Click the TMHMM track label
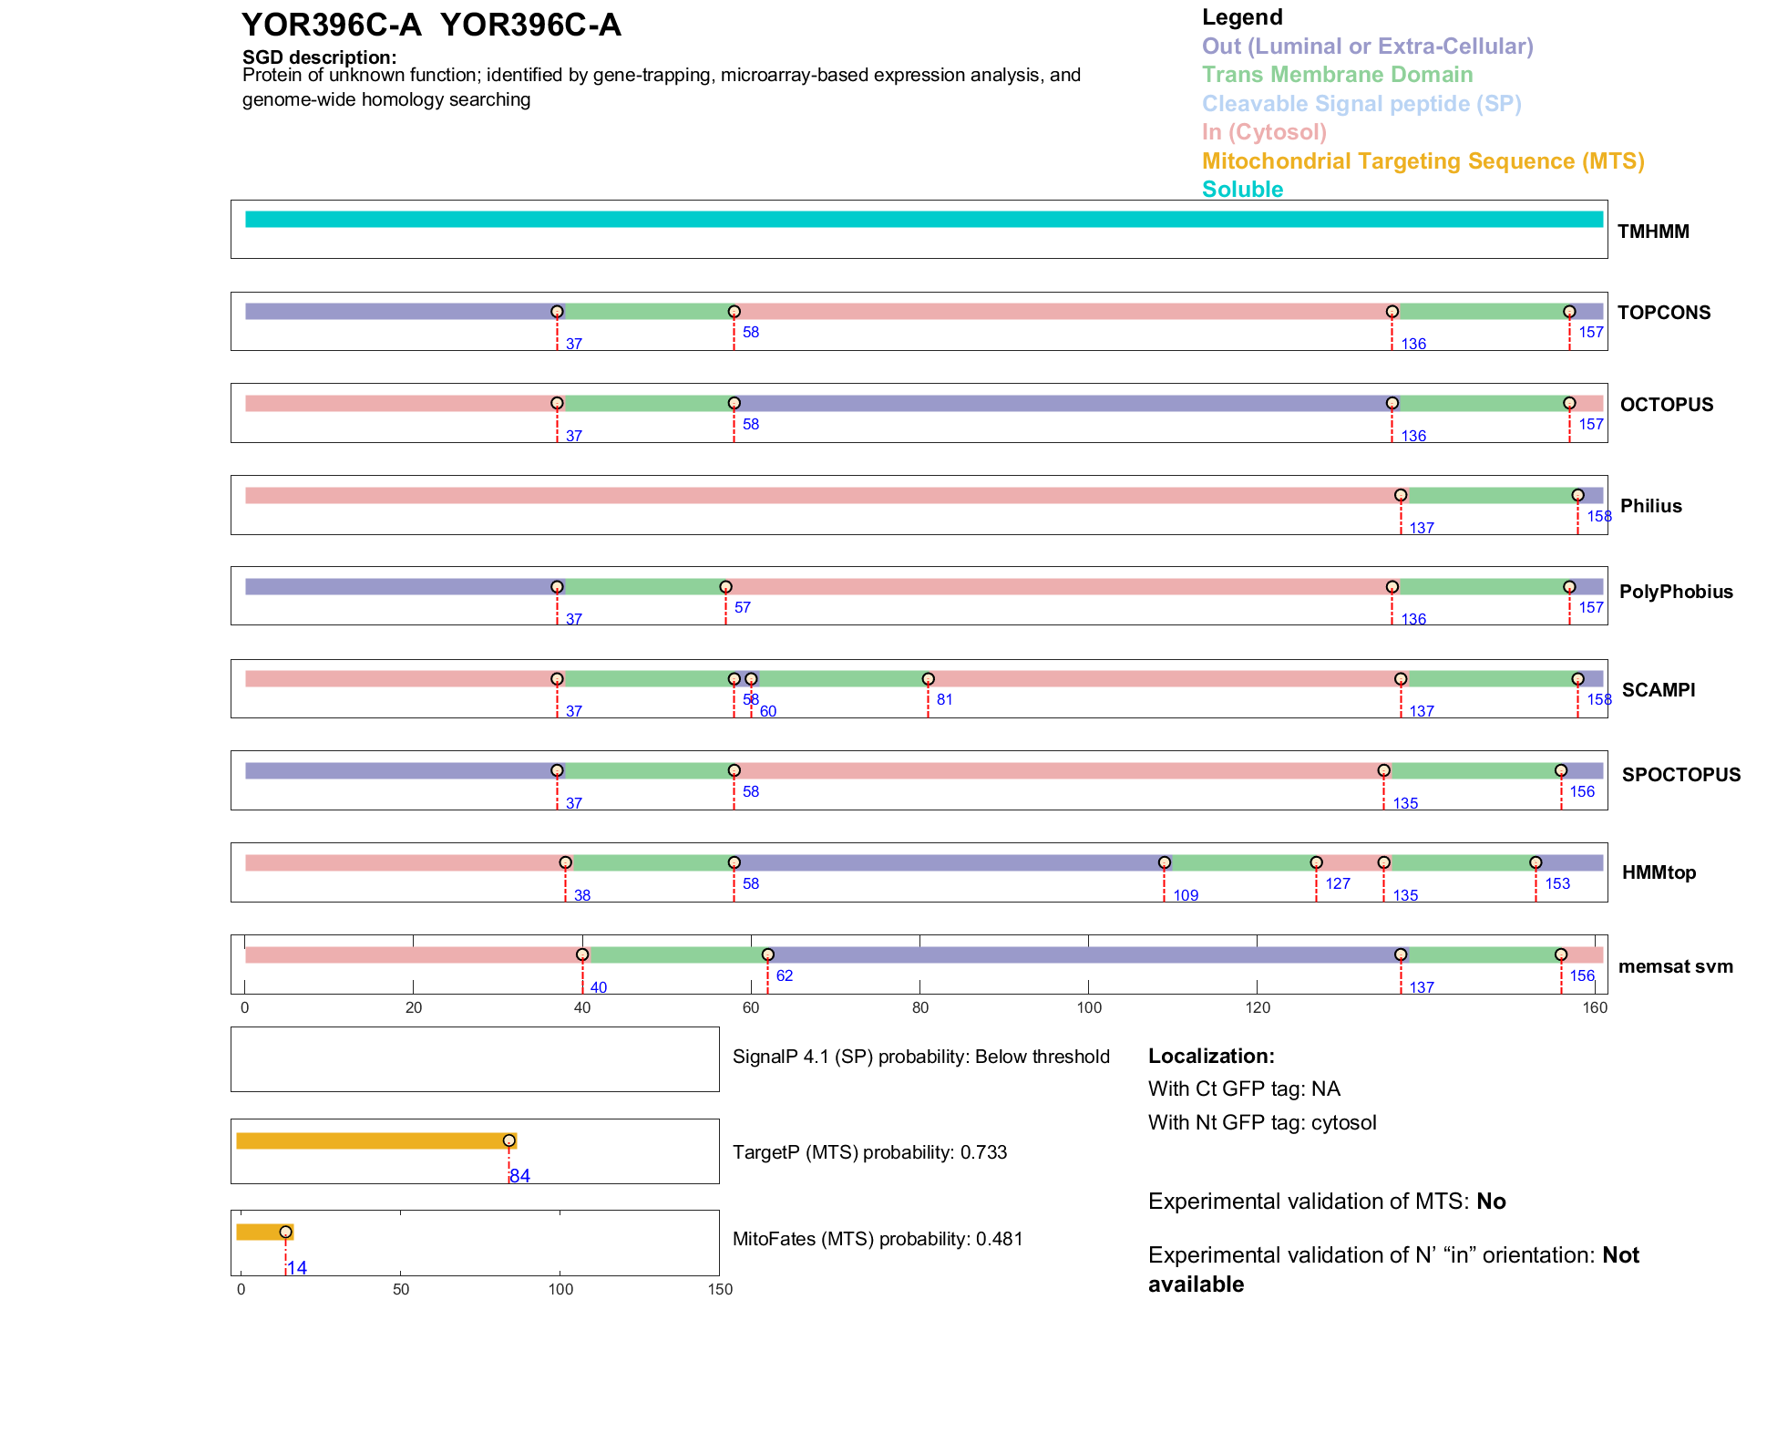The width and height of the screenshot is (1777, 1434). tap(1652, 232)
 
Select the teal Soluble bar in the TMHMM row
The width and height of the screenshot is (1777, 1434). tap(923, 220)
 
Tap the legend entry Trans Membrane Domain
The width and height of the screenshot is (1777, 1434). tap(1337, 75)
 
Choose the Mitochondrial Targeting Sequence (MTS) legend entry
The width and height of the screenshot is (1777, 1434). tap(1423, 161)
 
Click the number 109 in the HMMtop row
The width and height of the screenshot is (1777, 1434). tap(1185, 895)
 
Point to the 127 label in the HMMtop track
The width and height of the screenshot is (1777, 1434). tap(1337, 883)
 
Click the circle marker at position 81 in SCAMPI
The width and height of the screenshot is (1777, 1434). tap(928, 679)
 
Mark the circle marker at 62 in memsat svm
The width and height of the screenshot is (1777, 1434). tap(767, 954)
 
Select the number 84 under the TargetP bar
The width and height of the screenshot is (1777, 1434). tap(520, 1176)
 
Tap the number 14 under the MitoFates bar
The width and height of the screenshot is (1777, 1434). tap(297, 1268)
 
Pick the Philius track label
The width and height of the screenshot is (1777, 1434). tap(1650, 506)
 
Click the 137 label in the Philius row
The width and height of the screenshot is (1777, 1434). tap(1421, 528)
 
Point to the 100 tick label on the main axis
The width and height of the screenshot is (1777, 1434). tap(1089, 1007)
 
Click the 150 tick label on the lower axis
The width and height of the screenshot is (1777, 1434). tap(720, 1289)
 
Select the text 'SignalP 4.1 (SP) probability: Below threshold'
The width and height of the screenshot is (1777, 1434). tap(920, 1057)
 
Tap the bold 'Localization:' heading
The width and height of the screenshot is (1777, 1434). tap(1211, 1056)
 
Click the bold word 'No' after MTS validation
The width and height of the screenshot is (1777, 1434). tap(1491, 1202)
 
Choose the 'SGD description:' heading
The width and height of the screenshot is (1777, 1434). tap(319, 57)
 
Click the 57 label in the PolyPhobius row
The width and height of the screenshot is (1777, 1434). tap(743, 607)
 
